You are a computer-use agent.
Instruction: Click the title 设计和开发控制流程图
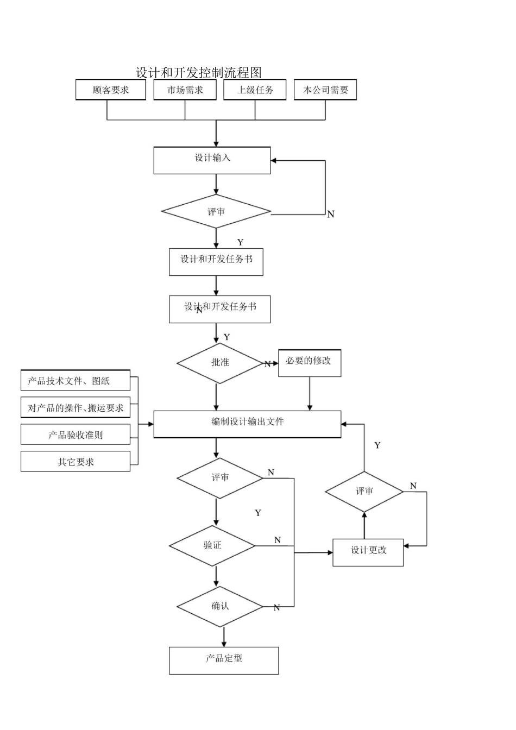tap(199, 72)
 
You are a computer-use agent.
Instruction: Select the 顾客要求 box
tap(111, 90)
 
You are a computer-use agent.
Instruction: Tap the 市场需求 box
tap(185, 90)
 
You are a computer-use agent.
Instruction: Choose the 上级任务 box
tap(255, 90)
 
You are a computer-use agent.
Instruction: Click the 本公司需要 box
tap(325, 90)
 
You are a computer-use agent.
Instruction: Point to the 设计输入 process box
tap(212, 160)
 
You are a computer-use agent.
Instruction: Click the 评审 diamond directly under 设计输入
tap(216, 211)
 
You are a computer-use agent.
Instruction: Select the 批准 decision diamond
tap(220, 363)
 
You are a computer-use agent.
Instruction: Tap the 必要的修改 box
tap(309, 363)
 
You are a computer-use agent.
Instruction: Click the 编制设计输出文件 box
tap(247, 424)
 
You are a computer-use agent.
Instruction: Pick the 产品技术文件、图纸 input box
tap(75, 381)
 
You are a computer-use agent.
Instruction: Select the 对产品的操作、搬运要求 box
tap(75, 408)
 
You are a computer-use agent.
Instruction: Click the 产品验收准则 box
tap(75, 435)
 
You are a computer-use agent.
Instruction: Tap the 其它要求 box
tap(75, 462)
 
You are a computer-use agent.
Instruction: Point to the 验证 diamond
tap(212, 545)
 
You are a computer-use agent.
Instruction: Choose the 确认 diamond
tap(220, 606)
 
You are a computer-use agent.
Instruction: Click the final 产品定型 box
tap(224, 660)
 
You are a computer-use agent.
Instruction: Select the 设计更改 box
tap(368, 552)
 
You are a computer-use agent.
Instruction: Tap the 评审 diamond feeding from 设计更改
tap(364, 492)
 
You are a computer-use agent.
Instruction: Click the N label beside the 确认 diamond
tap(276, 608)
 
